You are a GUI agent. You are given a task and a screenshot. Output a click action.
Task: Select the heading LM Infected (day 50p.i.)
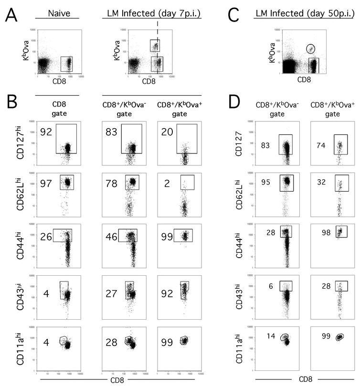(304, 10)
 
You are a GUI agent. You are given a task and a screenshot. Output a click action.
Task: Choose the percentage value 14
(270, 337)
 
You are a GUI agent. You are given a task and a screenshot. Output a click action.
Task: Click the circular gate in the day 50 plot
(311, 48)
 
